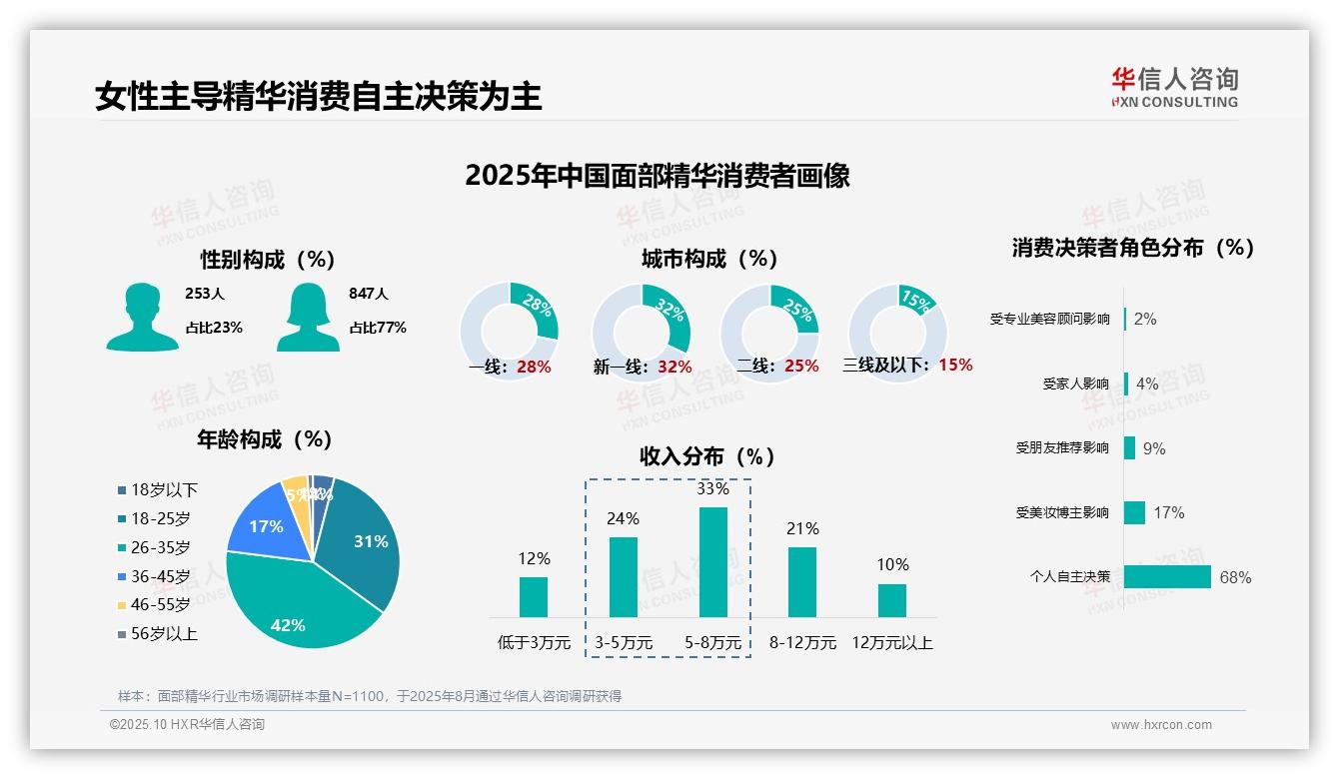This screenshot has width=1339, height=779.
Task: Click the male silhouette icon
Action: pyautogui.click(x=142, y=318)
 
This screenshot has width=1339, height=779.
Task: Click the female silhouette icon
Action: pyautogui.click(x=308, y=318)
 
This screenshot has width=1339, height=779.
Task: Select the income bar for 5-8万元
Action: pyautogui.click(x=713, y=561)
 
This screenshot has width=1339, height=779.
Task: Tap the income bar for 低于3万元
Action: pyautogui.click(x=534, y=596)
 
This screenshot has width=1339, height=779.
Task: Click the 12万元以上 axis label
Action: pyautogui.click(x=891, y=643)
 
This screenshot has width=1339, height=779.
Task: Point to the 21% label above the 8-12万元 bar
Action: pyautogui.click(x=802, y=529)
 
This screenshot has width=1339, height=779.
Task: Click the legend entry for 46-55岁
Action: pyautogui.click(x=159, y=605)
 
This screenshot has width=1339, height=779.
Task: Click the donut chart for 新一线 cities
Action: pyautogui.click(x=642, y=332)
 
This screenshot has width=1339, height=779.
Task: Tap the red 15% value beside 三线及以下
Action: pyautogui.click(x=955, y=366)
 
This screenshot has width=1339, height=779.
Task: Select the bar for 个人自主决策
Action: pyautogui.click(x=1167, y=577)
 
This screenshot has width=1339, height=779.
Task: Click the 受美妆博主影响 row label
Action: pyautogui.click(x=1062, y=513)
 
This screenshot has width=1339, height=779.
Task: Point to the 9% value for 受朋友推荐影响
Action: pyautogui.click(x=1154, y=449)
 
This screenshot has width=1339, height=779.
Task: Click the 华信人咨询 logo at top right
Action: pyautogui.click(x=1174, y=88)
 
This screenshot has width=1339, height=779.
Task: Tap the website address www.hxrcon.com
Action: pyautogui.click(x=1161, y=725)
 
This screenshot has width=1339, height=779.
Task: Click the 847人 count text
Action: pyautogui.click(x=369, y=294)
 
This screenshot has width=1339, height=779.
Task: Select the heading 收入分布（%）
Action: pyautogui.click(x=707, y=457)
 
